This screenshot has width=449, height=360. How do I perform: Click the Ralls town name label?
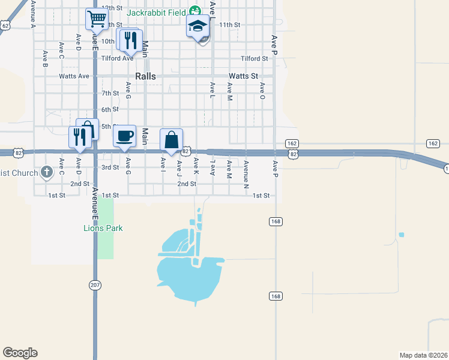click(x=145, y=76)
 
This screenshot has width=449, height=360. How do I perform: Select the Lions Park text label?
click(x=103, y=228)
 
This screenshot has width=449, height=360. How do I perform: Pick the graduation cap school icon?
click(x=197, y=26)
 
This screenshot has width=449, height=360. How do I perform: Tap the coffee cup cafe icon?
click(x=125, y=136)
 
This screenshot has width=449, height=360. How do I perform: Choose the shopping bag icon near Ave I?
click(x=172, y=140)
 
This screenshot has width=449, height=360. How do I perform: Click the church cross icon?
click(x=47, y=172)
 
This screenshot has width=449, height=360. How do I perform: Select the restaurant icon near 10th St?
click(x=130, y=40)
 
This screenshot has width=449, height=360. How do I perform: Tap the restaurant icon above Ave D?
click(x=79, y=137)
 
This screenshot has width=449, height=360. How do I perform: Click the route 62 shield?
click(x=5, y=25)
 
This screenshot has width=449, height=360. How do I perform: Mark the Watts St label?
click(x=243, y=76)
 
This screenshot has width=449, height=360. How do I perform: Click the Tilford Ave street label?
click(x=117, y=58)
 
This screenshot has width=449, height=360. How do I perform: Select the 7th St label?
click(x=110, y=94)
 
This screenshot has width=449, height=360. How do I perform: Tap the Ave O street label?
click(x=262, y=90)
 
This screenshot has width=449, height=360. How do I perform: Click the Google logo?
click(x=20, y=353)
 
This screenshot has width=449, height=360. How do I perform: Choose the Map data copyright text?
click(x=423, y=355)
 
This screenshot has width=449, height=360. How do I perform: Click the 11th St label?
click(x=229, y=25)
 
